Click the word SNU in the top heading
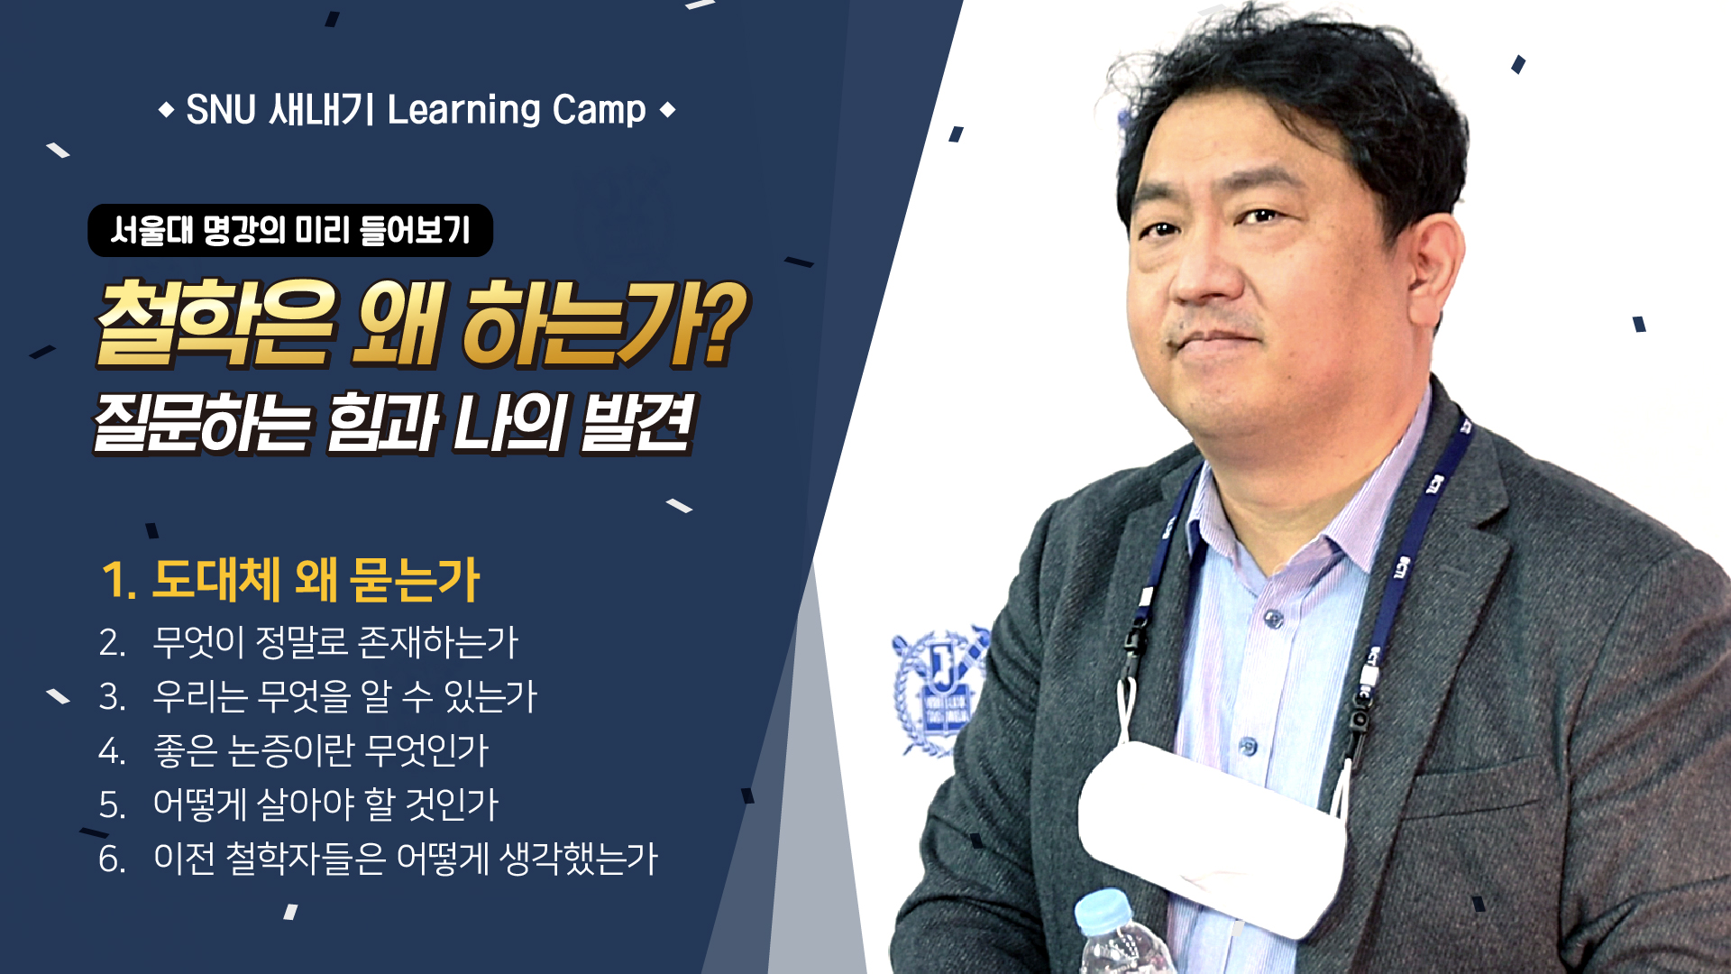tap(221, 110)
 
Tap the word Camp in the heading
tap(599, 110)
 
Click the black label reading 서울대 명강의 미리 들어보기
tap(290, 230)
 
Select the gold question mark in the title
tap(723, 322)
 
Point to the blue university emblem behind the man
tap(938, 690)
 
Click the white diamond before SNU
tap(166, 111)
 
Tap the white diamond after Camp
tap(667, 111)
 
